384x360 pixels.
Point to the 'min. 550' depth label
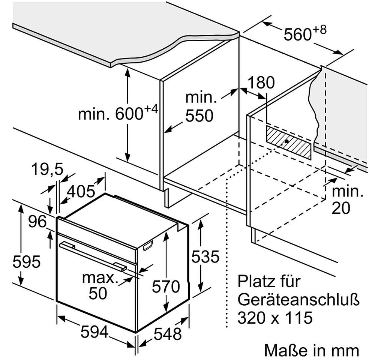click(201, 107)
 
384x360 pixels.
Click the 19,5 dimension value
click(47, 170)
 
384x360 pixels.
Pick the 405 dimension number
click(80, 192)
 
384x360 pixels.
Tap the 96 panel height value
click(37, 222)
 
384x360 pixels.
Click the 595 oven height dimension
click(26, 261)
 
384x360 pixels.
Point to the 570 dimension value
click(166, 287)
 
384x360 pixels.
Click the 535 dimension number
click(205, 257)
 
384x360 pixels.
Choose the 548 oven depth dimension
click(168, 334)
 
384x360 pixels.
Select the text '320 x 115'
click(275, 318)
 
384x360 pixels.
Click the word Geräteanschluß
click(298, 300)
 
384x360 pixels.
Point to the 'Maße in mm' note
click(311, 351)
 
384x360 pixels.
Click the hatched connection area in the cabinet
click(289, 142)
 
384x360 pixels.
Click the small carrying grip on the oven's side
click(148, 245)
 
